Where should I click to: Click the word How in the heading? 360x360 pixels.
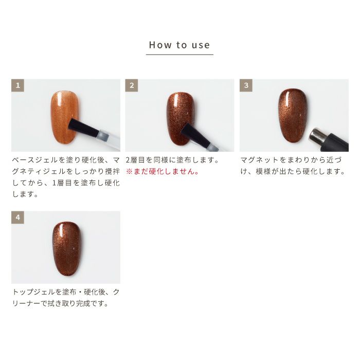[158, 45]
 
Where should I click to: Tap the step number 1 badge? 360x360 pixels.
[17, 85]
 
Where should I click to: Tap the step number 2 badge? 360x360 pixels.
[132, 85]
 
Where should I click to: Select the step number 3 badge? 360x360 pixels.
[246, 85]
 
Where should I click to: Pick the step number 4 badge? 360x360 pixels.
[17, 218]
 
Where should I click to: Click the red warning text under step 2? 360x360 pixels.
[163, 172]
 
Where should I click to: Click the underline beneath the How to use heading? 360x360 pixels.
[179, 54]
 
